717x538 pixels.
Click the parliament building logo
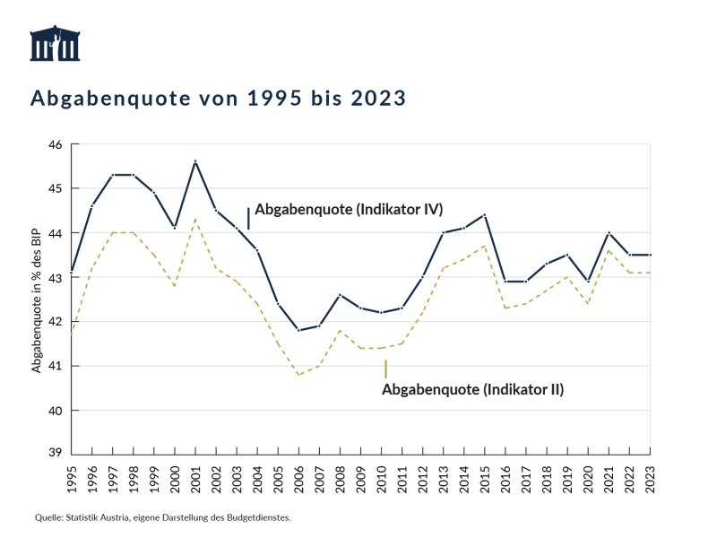[x=56, y=45]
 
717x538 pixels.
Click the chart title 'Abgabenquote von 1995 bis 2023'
[x=219, y=97]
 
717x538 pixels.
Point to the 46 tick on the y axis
[x=55, y=144]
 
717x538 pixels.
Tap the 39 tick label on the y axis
[x=55, y=455]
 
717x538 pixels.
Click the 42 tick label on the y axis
[x=55, y=322]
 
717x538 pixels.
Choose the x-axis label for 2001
[x=195, y=473]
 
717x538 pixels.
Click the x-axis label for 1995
[x=72, y=473]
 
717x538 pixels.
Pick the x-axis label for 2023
[x=650, y=473]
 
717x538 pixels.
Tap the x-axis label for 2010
[x=382, y=473]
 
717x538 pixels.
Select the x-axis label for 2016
[x=505, y=473]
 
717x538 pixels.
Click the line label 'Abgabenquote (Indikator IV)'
[x=349, y=210]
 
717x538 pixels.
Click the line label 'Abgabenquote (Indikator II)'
[x=472, y=389]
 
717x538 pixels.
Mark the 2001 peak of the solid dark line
[x=195, y=161]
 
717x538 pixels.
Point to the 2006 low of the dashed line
[x=298, y=375]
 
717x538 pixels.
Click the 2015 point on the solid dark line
[x=485, y=215]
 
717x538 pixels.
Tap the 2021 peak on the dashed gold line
[x=609, y=250]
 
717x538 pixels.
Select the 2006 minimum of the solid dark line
[x=298, y=330]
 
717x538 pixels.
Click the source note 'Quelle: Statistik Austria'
[x=163, y=517]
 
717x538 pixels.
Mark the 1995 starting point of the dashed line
[x=72, y=334]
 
